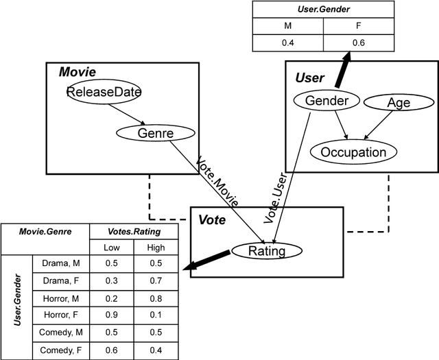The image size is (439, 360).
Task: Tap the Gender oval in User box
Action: point(327,101)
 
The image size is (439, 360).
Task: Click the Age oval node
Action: point(399,103)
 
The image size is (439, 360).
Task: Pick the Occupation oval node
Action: point(353,152)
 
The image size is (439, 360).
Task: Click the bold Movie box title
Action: point(77,72)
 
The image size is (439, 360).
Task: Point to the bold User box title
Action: point(309,77)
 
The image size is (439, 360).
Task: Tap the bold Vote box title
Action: point(212,220)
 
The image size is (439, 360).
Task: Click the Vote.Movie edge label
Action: point(217,182)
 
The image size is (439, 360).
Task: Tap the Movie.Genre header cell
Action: point(45,232)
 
